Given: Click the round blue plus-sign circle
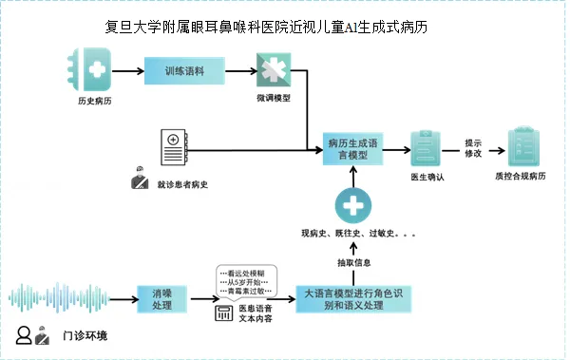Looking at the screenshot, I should pos(351,205).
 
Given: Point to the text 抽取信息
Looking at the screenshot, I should pos(353,262).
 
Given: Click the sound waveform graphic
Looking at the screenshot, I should pos(66,296).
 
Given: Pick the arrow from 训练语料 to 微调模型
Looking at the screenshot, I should pos(241,71).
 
